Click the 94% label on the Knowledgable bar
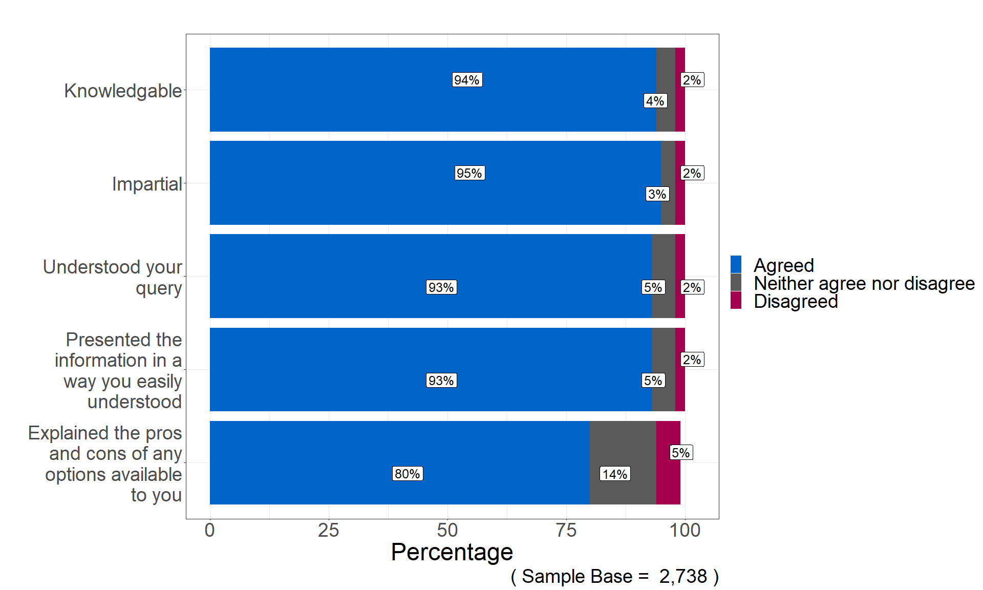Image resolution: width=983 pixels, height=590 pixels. tap(467, 80)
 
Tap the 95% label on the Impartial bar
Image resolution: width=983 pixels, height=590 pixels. tap(469, 173)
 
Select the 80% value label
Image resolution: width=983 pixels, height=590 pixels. tap(408, 474)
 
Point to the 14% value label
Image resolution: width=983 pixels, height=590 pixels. tap(615, 474)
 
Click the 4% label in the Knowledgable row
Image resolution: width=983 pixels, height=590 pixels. tap(655, 101)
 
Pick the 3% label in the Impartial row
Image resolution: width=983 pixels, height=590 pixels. tap(657, 194)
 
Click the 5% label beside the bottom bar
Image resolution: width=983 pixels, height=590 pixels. tap(681, 453)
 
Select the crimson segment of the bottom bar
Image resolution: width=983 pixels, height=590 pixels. tap(668, 481)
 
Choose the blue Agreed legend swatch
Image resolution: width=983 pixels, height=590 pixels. tap(736, 265)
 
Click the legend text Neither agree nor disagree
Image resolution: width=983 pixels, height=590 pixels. tap(864, 283)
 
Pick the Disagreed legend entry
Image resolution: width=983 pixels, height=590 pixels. tap(796, 301)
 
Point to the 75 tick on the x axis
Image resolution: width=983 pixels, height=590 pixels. tap(566, 530)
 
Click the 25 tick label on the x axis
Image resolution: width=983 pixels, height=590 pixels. tap(328, 530)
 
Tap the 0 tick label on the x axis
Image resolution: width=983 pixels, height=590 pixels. tap(209, 530)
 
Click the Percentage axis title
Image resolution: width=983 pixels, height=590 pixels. tap(452, 552)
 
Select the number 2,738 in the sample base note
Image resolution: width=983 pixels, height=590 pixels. tap(683, 576)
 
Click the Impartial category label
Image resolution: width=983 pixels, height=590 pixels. tap(147, 184)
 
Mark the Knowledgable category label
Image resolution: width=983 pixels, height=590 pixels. tap(123, 91)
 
